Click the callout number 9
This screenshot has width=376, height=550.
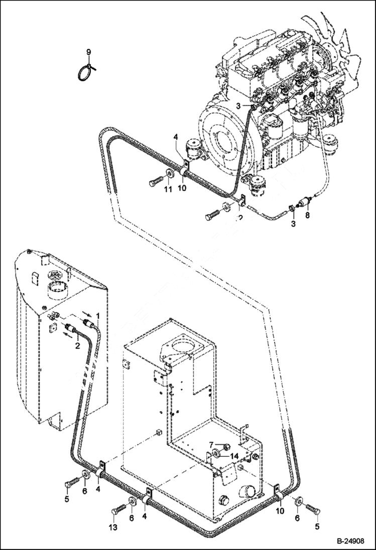coord(88,52)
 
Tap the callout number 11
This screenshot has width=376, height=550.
coord(167,189)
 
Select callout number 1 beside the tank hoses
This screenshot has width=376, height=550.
coord(98,316)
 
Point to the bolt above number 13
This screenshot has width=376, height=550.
coord(116,510)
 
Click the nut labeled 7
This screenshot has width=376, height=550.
coord(224,445)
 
